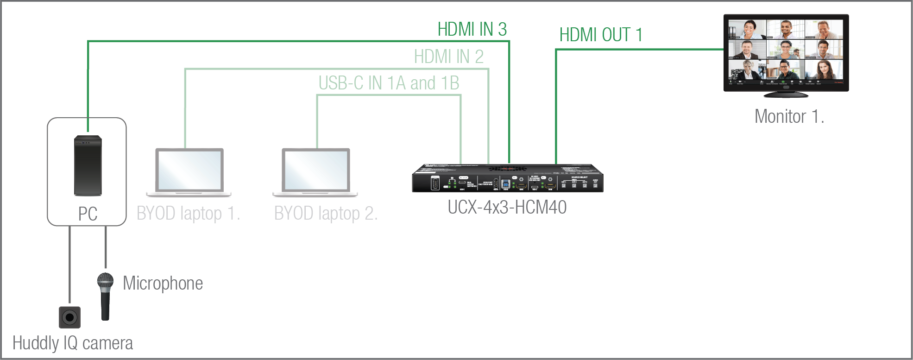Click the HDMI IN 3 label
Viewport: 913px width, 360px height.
[x=472, y=30]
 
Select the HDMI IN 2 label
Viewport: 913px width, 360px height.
[x=448, y=57]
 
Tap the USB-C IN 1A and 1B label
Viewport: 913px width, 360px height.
[x=389, y=83]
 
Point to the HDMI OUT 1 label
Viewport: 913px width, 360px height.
[x=600, y=35]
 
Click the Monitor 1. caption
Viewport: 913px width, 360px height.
[x=789, y=117]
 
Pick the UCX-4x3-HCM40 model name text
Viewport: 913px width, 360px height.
[x=507, y=208]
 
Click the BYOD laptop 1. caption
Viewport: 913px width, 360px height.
[x=188, y=214]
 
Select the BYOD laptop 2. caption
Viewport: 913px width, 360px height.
[x=326, y=214]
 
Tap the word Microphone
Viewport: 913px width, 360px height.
[x=163, y=283]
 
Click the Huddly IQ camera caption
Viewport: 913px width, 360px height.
[x=73, y=343]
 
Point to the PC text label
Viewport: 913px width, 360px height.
[x=88, y=214]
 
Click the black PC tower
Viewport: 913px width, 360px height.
[x=88, y=165]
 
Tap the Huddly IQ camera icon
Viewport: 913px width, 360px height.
[x=69, y=317]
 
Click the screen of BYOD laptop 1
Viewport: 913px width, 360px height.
[x=189, y=170]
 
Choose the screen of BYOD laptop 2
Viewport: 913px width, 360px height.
[x=316, y=170]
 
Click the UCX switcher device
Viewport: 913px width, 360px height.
[x=507, y=178]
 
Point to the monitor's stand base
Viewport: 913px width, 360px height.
[x=786, y=95]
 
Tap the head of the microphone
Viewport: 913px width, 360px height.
[x=105, y=281]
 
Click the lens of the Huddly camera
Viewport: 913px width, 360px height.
[x=70, y=318]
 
